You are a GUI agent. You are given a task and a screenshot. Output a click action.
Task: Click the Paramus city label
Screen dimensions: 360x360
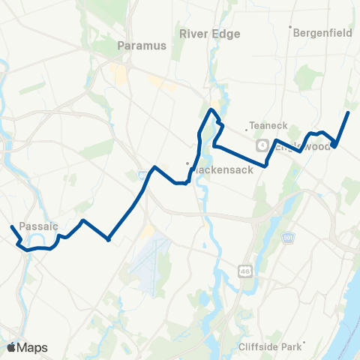click(x=142, y=45)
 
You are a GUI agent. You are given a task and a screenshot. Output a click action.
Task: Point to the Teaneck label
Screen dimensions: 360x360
click(x=263, y=126)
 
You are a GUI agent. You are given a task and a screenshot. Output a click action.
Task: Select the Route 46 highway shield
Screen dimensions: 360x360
click(x=244, y=270)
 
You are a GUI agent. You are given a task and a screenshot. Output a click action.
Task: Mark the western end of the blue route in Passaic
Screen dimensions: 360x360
click(x=12, y=226)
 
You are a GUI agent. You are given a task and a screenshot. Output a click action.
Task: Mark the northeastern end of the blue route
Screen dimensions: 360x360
click(x=348, y=112)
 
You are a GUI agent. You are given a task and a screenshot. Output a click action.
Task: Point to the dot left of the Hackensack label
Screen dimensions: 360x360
click(x=188, y=164)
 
